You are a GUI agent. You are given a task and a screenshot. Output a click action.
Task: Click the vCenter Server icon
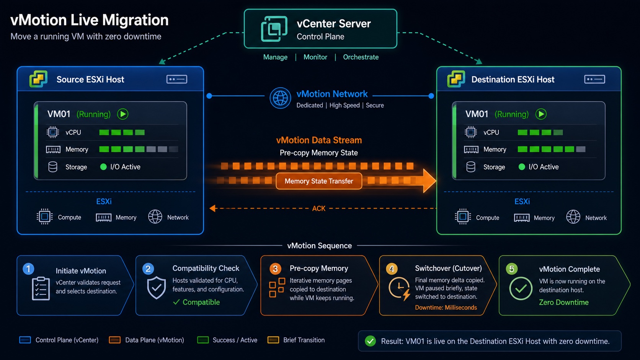[x=274, y=29]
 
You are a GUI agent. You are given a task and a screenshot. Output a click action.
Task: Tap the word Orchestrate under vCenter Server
[x=361, y=57]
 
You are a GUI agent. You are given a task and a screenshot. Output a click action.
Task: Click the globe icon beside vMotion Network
[x=280, y=98]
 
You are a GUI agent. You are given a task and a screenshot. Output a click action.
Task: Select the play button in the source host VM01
[x=122, y=114]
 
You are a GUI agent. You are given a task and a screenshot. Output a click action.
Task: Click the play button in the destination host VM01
[x=541, y=114]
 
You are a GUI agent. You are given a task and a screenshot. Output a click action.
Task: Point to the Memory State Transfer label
[x=319, y=181]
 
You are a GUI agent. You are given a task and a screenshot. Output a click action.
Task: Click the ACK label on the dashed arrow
[x=318, y=209]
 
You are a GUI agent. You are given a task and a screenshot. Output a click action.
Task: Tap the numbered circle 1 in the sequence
[x=28, y=269]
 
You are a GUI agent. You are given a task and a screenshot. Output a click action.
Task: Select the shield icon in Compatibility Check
[x=156, y=287]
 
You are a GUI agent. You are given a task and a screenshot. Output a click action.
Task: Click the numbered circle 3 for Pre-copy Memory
[x=275, y=269]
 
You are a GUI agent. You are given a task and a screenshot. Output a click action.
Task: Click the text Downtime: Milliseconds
[x=446, y=308]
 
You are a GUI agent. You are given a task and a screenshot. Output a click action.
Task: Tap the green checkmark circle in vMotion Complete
[x=521, y=288]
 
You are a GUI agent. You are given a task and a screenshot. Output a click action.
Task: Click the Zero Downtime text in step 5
[x=564, y=302]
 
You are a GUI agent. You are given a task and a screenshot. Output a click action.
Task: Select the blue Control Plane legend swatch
[x=25, y=340]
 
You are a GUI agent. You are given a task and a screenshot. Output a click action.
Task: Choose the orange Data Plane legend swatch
[x=114, y=340]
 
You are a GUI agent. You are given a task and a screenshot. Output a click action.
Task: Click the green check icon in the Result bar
[x=370, y=341]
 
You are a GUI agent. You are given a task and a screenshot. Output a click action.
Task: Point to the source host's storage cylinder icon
[x=52, y=167]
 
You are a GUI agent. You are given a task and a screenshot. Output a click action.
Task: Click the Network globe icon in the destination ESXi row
[x=573, y=217]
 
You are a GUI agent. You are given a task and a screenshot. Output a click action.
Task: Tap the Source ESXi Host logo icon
[x=38, y=79]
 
